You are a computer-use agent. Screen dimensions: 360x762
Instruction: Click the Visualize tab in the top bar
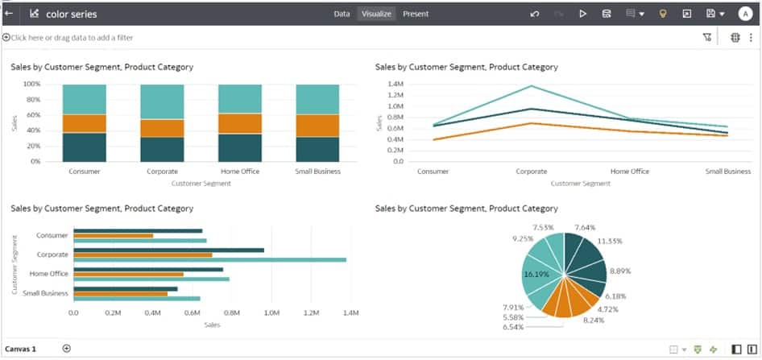pos(376,14)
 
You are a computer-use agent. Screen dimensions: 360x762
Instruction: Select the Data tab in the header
pos(342,14)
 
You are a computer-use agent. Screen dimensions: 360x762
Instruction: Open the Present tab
pos(416,14)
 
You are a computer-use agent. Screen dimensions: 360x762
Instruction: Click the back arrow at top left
pos(10,14)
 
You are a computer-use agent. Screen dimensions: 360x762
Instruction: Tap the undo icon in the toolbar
pos(535,14)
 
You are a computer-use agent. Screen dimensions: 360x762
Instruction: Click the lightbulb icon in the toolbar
pos(663,14)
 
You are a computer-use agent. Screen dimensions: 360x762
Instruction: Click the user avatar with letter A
pos(744,14)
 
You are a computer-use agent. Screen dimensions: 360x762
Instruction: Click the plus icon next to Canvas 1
pos(67,349)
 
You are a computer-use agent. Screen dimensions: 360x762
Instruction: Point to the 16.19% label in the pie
pos(536,274)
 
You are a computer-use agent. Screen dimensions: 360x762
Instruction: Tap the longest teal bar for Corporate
pos(209,259)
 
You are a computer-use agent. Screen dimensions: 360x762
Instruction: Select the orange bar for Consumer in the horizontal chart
pos(113,236)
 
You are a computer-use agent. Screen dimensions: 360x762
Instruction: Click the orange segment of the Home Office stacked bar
pos(240,123)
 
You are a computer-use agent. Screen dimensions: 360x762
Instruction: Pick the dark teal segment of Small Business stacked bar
pos(317,149)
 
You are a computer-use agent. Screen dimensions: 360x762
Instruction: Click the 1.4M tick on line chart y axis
pos(395,84)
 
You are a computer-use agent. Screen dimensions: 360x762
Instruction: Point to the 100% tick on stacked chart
pos(31,84)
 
